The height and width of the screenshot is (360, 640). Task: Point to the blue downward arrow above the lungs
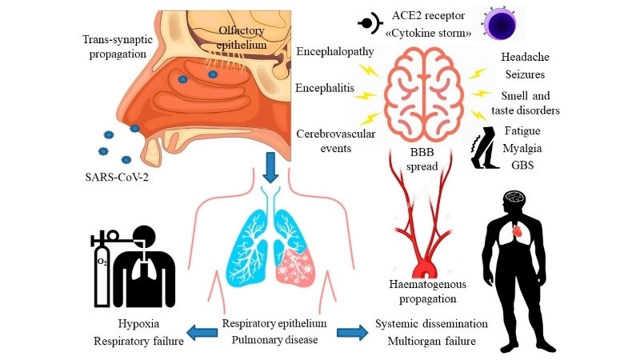tap(271, 166)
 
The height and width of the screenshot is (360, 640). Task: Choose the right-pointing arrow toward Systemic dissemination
tap(354, 332)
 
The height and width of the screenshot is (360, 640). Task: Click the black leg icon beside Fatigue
tap(484, 148)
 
